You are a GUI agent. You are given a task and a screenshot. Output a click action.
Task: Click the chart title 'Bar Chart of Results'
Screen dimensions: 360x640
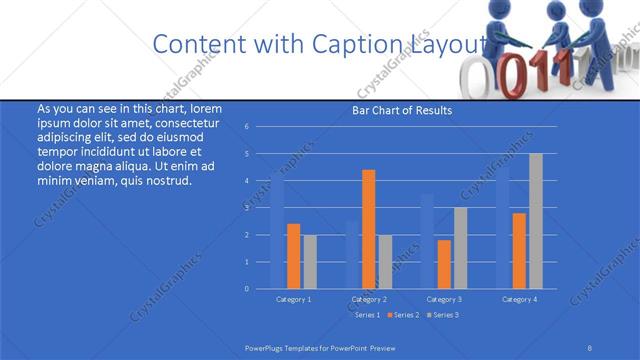tap(400, 110)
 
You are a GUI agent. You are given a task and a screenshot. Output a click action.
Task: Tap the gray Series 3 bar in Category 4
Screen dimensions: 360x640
tap(535, 221)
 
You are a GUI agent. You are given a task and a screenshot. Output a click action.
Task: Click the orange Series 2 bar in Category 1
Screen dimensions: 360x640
tap(293, 256)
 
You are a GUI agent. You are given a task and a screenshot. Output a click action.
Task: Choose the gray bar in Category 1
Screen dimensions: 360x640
tap(309, 262)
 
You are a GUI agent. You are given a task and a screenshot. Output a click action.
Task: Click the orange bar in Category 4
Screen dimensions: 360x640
tap(519, 250)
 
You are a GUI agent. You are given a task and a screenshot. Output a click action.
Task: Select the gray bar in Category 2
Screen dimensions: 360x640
tap(385, 262)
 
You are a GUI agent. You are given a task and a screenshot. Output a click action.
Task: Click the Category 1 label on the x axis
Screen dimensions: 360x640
tap(293, 299)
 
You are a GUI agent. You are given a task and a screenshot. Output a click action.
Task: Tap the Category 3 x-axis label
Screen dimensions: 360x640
tap(444, 299)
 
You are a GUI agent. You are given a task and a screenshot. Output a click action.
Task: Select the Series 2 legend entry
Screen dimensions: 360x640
tap(402, 315)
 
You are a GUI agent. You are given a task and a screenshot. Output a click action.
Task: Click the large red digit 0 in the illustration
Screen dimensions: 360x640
tap(511, 74)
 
